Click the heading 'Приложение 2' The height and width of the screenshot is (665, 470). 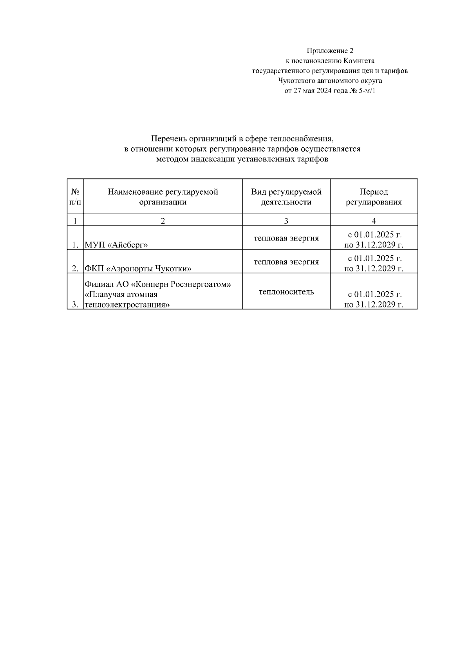pyautogui.click(x=330, y=51)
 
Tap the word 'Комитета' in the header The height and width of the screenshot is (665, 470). pyautogui.click(x=359, y=61)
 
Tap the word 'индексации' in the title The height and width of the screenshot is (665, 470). pyautogui.click(x=213, y=159)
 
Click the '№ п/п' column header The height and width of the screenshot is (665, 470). pyautogui.click(x=75, y=197)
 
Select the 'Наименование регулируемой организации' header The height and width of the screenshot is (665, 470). pyautogui.click(x=163, y=197)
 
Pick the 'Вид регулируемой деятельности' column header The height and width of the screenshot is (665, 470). pyautogui.click(x=286, y=197)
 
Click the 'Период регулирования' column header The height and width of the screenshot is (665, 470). pyautogui.click(x=374, y=197)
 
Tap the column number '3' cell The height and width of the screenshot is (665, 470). pyautogui.click(x=286, y=221)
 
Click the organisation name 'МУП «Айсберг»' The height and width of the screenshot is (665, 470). pyautogui.click(x=116, y=245)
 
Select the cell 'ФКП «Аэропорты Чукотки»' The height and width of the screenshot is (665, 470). pyautogui.click(x=138, y=269)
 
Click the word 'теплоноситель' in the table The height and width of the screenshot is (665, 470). pyautogui.click(x=286, y=292)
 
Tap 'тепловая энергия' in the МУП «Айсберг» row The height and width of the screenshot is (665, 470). pyautogui.click(x=286, y=238)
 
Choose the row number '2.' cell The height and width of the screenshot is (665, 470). pyautogui.click(x=76, y=269)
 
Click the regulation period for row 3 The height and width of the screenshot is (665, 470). pyautogui.click(x=374, y=300)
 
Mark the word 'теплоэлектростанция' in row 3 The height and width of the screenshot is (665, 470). pyautogui.click(x=127, y=305)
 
